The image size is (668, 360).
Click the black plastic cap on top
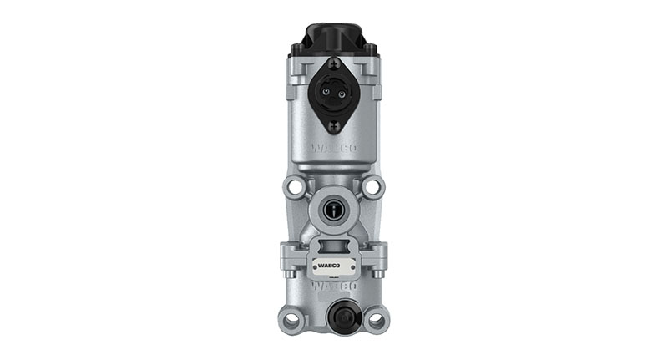pyautogui.click(x=334, y=38)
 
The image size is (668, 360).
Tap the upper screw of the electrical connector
pyautogui.click(x=334, y=64)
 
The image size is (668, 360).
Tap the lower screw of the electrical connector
pyautogui.click(x=334, y=125)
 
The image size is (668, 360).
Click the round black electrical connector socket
pyautogui.click(x=334, y=94)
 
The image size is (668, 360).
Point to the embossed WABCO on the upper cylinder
pyautogui.click(x=334, y=148)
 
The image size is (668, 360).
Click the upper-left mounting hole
pyautogui.click(x=295, y=187)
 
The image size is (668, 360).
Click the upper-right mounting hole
pyautogui.click(x=372, y=187)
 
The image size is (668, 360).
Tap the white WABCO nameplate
pyautogui.click(x=334, y=267)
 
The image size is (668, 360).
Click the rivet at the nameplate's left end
pyautogui.click(x=314, y=267)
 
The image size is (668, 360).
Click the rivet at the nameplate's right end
pyautogui.click(x=354, y=267)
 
